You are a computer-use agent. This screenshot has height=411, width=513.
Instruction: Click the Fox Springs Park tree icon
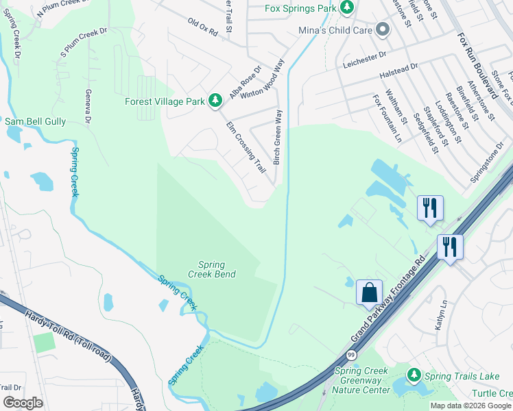[x=348, y=8]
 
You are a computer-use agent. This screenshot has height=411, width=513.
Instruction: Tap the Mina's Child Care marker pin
[x=383, y=30]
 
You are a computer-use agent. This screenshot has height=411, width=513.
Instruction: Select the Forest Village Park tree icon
[x=215, y=101]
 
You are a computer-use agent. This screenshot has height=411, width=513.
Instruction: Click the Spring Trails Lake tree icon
[x=414, y=375]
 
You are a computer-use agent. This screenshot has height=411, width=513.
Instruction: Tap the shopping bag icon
[x=369, y=292]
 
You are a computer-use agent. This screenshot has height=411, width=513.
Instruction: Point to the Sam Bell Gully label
[x=35, y=121]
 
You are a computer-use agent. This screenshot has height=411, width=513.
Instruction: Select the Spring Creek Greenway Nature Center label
[x=361, y=381]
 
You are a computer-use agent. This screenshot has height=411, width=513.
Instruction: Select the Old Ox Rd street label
[x=202, y=27]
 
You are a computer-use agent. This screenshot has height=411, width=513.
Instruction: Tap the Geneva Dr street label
[x=88, y=107]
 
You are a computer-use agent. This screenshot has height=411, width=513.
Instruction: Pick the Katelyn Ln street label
[x=440, y=315]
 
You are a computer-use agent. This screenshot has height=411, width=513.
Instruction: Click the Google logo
[x=23, y=403]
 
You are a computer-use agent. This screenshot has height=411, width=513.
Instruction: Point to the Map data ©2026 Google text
[x=470, y=406]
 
